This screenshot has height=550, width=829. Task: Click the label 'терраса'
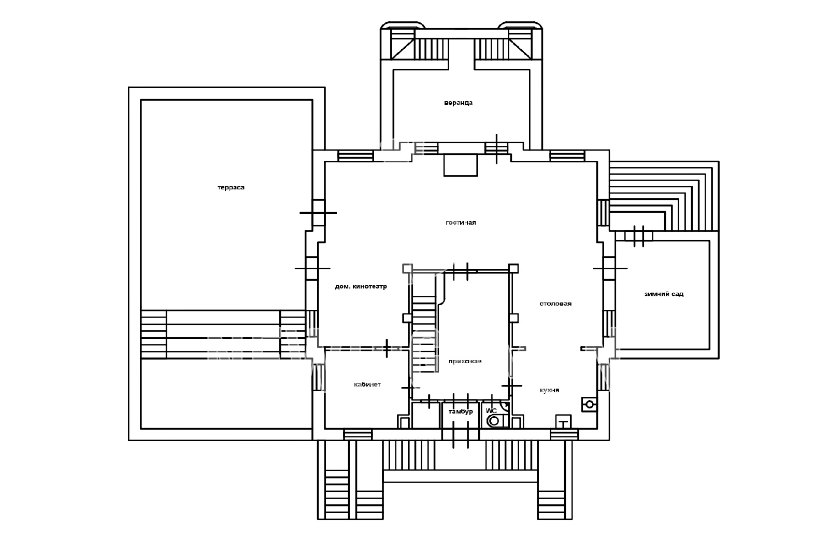231,187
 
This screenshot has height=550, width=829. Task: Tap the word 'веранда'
458,103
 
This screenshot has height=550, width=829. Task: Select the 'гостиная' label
461,223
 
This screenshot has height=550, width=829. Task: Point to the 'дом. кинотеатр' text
361,286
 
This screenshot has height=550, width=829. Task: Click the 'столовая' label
555,304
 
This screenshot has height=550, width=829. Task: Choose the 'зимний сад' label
664,294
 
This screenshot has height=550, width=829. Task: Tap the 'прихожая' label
465,361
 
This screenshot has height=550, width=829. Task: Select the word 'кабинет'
367,384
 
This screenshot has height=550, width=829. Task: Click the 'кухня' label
550,390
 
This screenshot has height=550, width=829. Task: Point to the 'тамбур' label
461,412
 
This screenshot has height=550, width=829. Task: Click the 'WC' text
491,410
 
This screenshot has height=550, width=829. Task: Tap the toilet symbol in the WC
496,421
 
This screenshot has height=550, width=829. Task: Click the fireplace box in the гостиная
461,165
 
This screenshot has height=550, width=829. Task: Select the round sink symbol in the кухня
590,405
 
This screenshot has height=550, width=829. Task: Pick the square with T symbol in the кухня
564,421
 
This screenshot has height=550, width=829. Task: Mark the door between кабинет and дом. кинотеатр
387,348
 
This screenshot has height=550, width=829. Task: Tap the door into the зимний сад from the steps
639,236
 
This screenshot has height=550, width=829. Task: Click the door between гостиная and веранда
496,149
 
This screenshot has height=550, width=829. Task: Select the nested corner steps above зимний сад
664,196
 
